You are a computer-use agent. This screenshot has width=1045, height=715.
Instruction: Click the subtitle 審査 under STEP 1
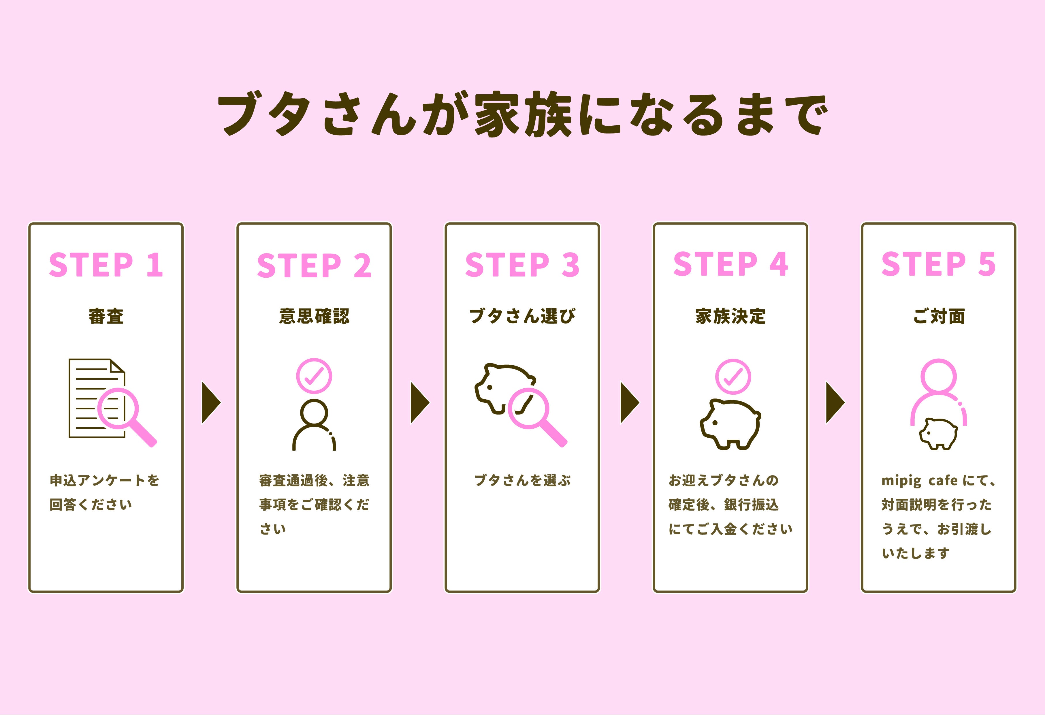[x=106, y=316]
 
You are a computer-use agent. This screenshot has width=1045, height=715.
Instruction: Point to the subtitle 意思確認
[x=314, y=316]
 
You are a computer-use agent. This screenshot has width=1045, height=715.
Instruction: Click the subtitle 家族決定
[x=730, y=316]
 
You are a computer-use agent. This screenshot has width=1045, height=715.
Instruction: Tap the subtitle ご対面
[x=938, y=316]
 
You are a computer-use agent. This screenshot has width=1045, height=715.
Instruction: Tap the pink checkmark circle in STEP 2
[x=314, y=376]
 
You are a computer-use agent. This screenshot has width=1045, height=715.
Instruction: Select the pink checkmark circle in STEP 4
[x=733, y=377]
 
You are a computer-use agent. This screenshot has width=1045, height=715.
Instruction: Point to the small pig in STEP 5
[x=938, y=434]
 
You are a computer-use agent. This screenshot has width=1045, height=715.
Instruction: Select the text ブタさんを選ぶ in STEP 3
[x=522, y=480]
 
